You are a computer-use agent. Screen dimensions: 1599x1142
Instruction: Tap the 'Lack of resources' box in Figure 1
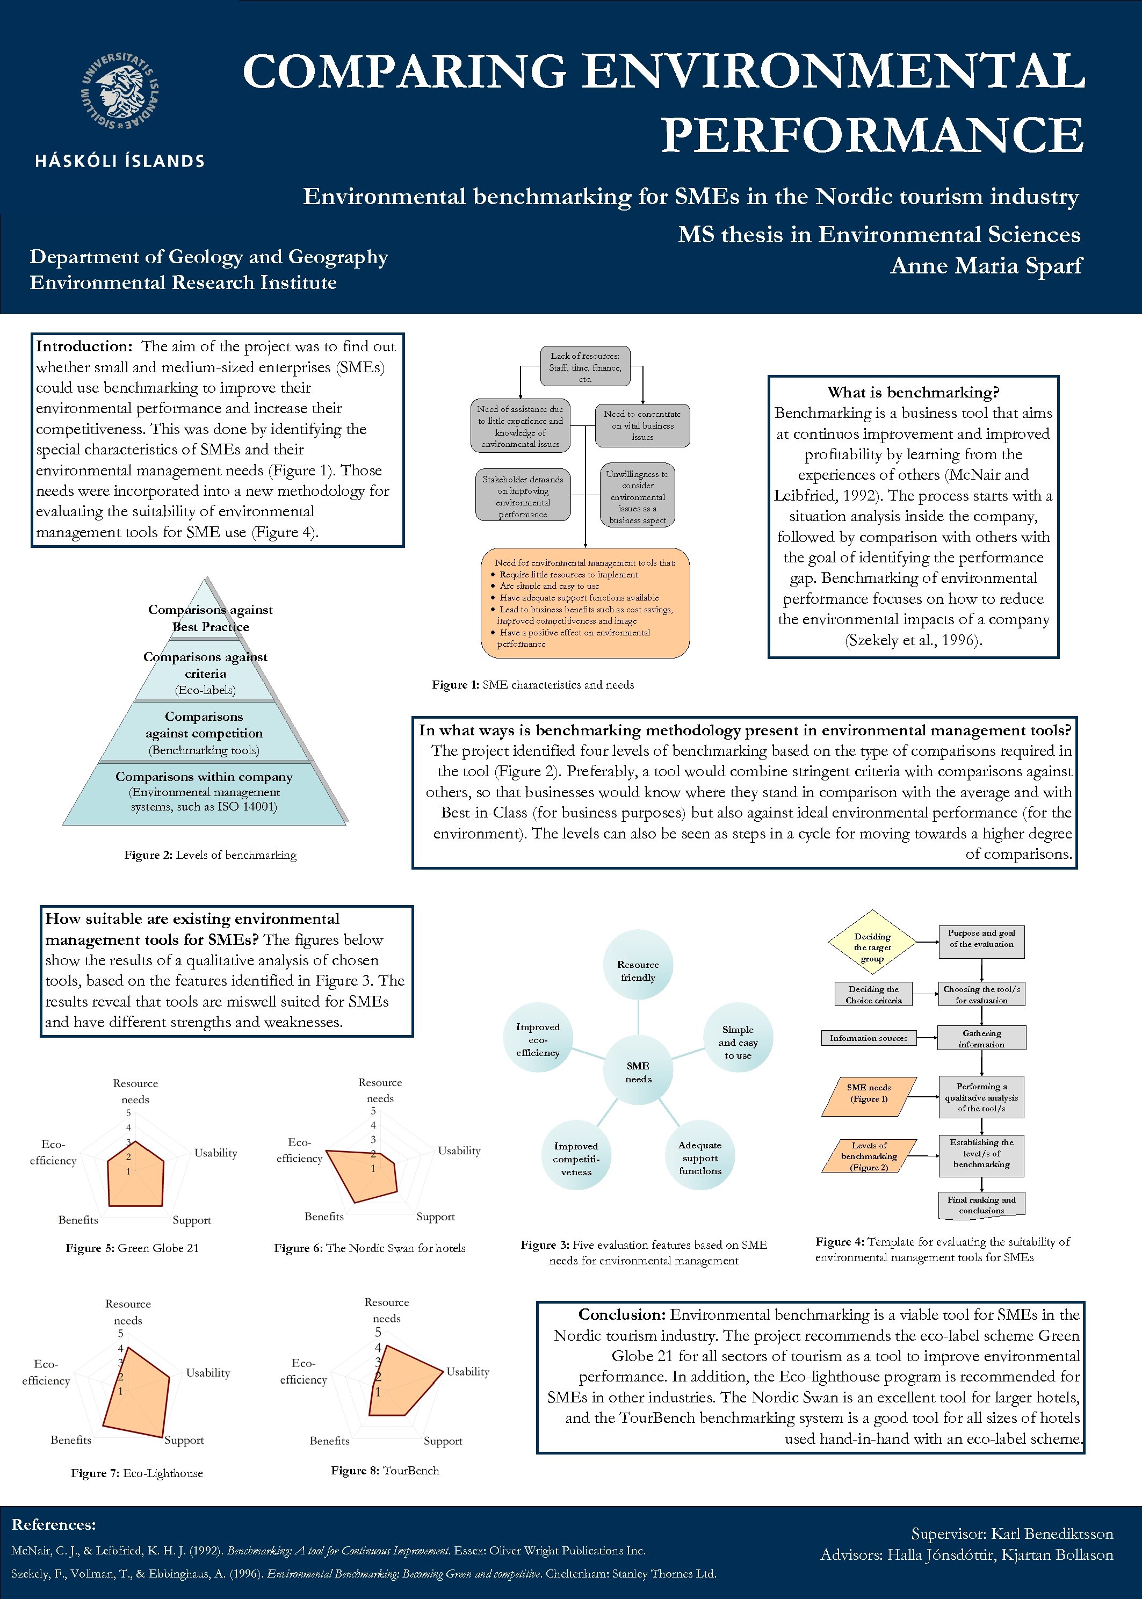585,366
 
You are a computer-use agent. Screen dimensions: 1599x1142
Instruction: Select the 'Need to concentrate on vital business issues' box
642,425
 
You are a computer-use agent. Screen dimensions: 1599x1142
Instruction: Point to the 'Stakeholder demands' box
523,496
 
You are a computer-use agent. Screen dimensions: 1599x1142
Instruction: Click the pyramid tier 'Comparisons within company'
204,792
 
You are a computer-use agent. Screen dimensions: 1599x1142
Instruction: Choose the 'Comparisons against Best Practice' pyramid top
209,618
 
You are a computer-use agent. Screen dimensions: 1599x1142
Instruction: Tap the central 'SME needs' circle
638,1072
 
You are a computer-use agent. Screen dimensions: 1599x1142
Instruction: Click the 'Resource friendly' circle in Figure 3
638,971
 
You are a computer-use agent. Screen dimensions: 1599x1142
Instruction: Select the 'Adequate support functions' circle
700,1157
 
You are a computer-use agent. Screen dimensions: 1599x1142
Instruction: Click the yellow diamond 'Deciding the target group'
872,947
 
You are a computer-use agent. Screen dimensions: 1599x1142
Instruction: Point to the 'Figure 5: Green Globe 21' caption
132,1248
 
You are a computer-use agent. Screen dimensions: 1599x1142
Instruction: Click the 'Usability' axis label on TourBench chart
468,1371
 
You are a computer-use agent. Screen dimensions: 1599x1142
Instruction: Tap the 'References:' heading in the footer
53,1524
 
